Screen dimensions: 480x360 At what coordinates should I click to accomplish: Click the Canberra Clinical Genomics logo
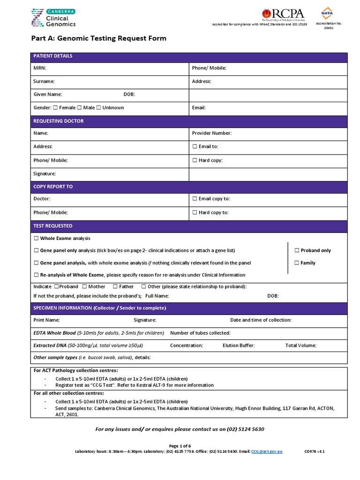pos(52,17)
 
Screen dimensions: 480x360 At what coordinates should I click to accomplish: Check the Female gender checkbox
pos(56,108)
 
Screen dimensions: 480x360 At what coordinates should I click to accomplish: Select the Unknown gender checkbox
pos(98,108)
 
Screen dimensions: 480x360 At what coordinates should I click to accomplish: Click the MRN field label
pos(39,68)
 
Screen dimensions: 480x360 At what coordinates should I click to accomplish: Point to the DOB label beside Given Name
pos(129,94)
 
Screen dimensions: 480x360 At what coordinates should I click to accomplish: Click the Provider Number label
pos(211,133)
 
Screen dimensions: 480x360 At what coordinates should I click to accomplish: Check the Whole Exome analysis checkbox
pos(37,239)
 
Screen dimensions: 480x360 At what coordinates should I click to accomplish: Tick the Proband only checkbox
pos(297,250)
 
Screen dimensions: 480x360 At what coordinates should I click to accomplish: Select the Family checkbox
pos(297,263)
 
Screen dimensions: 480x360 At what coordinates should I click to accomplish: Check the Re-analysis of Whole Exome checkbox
pos(37,275)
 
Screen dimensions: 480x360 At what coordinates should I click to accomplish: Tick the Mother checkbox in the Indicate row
pos(84,286)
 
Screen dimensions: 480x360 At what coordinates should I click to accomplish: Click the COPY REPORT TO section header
pos(53,187)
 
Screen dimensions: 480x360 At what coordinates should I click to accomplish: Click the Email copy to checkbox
pos(195,199)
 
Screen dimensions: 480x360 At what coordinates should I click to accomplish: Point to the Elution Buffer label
pos(239,345)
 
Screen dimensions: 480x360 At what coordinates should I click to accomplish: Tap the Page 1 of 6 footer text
pos(180,446)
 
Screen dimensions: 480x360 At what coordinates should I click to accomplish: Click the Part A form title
pos(98,38)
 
